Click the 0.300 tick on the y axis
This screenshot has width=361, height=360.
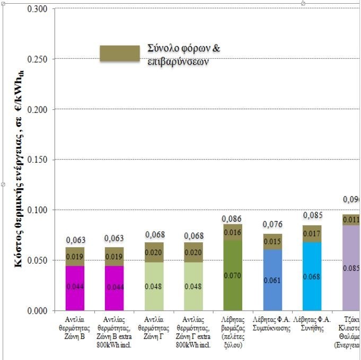[x=37, y=9]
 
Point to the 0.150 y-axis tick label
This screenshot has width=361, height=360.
[x=37, y=160]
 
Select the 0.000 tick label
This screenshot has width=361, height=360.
[x=37, y=311]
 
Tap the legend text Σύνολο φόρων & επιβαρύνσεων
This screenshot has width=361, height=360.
[x=184, y=55]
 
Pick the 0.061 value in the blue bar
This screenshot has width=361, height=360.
[x=272, y=280]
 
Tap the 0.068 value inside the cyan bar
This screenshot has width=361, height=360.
[x=312, y=277]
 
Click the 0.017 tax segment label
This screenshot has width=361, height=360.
[x=312, y=233]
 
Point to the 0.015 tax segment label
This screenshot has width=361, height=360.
[x=272, y=242]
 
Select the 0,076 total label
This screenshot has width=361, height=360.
[x=272, y=225]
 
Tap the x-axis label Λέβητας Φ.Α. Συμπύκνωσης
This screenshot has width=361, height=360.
[x=272, y=323]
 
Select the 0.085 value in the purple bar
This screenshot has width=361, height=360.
[x=352, y=268]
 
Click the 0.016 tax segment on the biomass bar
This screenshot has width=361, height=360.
[x=232, y=232]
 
